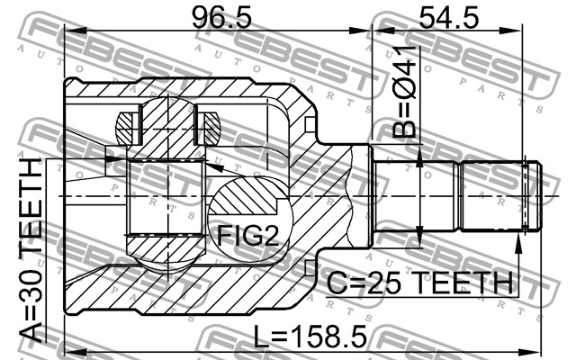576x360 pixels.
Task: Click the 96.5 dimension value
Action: pyautogui.click(x=222, y=18)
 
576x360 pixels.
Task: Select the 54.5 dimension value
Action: pyautogui.click(x=449, y=18)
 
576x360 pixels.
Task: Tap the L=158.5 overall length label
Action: pyautogui.click(x=310, y=337)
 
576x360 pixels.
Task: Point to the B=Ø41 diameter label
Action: pyautogui.click(x=404, y=92)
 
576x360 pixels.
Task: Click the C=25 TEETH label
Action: pyautogui.click(x=419, y=282)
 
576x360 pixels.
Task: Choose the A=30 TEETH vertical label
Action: pyautogui.click(x=31, y=251)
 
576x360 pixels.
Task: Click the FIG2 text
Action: pyautogui.click(x=248, y=235)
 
